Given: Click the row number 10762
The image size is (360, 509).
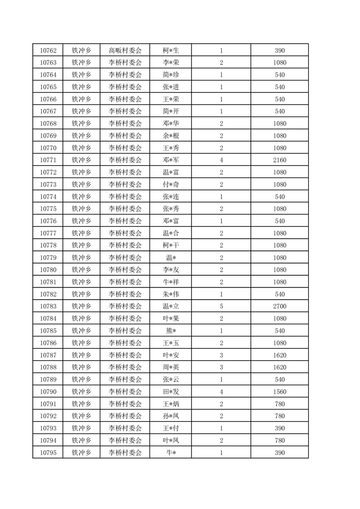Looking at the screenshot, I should (48, 50).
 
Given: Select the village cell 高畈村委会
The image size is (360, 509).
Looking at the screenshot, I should (125, 50).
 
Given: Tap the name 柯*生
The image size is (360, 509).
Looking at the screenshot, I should (171, 50).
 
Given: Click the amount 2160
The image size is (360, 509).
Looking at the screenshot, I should (279, 160).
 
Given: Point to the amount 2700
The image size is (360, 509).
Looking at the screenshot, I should (279, 307).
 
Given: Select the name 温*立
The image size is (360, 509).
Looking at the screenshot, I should (171, 307).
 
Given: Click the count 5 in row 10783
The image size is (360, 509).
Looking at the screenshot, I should (221, 307).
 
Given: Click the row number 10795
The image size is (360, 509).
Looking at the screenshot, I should (48, 453).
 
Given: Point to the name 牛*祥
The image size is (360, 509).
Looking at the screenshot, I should (171, 282).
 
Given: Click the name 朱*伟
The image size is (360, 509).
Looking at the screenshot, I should (171, 294).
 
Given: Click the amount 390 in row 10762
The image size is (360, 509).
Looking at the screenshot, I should (279, 50).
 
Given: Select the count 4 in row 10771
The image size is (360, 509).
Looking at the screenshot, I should (221, 160).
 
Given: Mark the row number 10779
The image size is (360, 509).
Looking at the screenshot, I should (48, 258).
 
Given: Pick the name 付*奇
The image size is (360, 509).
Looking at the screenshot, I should (171, 185).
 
